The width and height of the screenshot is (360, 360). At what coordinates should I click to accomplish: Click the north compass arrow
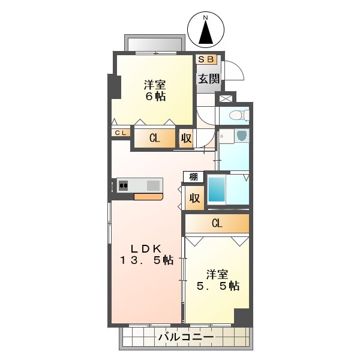(205, 31)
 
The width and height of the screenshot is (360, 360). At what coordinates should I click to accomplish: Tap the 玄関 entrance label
(208, 78)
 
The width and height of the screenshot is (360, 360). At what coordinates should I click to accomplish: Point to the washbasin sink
(241, 136)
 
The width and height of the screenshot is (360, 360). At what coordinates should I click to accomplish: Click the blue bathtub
(217, 190)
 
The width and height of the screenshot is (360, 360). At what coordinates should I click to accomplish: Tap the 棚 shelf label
(193, 176)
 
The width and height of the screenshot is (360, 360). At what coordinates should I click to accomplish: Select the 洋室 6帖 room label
(154, 90)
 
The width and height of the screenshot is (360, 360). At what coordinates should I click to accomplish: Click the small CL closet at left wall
(119, 133)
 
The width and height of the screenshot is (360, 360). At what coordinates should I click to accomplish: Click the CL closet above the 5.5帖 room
(217, 224)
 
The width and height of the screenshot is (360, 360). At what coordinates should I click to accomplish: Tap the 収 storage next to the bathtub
(194, 198)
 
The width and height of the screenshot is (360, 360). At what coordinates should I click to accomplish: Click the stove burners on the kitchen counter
(124, 185)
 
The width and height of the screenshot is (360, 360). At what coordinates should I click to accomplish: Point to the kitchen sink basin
(151, 185)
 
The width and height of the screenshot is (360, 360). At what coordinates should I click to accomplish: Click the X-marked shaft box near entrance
(226, 98)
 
